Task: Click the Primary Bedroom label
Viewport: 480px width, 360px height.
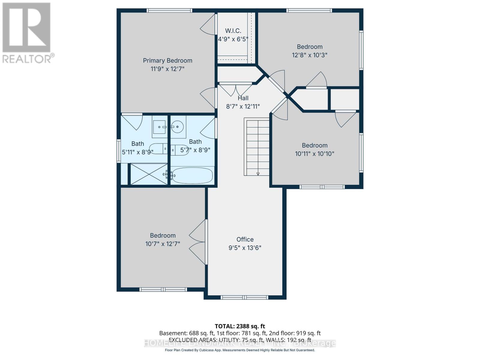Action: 167,61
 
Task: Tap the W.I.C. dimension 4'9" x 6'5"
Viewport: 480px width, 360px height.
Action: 233,39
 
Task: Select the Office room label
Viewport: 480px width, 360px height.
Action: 245,239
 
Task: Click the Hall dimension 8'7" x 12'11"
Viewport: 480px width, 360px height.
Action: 243,106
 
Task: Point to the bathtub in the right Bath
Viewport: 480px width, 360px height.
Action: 192,175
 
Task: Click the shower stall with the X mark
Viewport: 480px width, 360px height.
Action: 149,174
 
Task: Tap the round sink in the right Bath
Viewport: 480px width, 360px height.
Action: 178,127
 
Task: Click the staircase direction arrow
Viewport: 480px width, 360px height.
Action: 258,173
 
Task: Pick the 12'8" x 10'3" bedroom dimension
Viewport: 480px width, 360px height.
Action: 309,55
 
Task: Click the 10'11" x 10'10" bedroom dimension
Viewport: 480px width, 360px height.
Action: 314,154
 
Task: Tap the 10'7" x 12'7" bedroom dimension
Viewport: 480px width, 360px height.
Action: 163,244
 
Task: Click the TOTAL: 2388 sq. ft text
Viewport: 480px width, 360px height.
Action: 240,326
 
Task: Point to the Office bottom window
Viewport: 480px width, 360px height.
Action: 244,297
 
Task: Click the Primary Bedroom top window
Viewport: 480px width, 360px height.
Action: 169,10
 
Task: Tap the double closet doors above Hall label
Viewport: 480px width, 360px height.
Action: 235,89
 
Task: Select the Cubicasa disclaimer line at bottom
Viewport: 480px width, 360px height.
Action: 240,350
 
